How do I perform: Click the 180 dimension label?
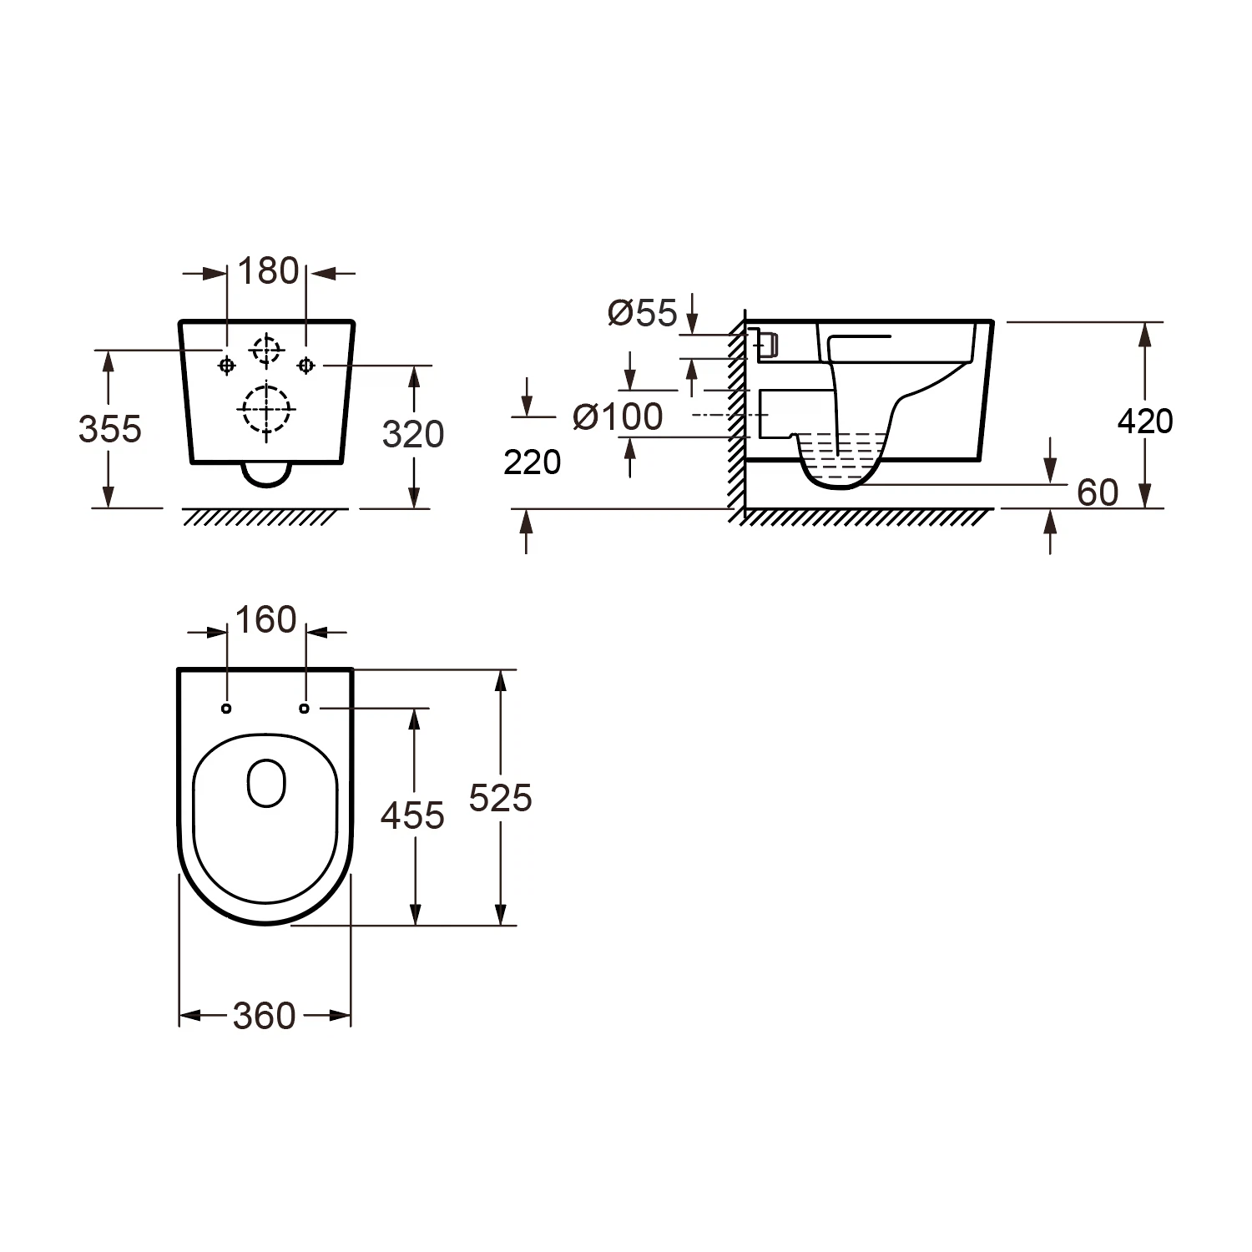pos(268,271)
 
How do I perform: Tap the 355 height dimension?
pos(110,429)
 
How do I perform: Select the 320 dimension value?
pos(413,434)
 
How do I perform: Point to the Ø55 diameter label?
pos(643,313)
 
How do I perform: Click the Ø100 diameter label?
pos(618,416)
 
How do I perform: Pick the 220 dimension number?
pos(533,462)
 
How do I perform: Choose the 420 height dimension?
pos(1145,422)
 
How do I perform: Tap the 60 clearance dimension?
pos(1098,492)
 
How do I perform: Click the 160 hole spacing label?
pos(265,620)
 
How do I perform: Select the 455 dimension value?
pos(412,815)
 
